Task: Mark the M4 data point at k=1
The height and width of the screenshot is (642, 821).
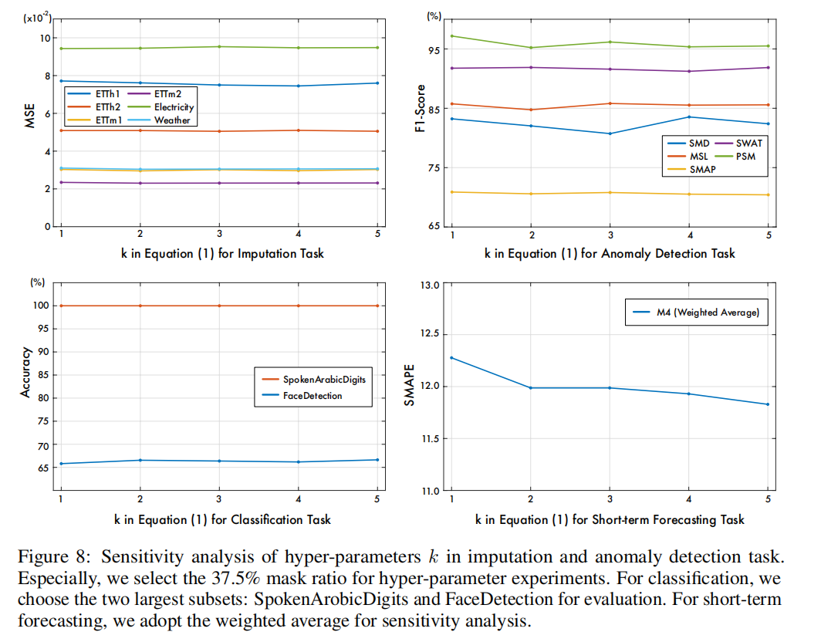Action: tap(451, 357)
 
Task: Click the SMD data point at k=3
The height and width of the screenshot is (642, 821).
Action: tap(610, 133)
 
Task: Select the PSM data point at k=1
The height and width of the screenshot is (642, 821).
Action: tap(451, 35)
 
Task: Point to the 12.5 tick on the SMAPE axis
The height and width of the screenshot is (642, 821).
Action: tap(427, 335)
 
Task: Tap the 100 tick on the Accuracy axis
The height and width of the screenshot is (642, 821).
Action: tap(38, 306)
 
